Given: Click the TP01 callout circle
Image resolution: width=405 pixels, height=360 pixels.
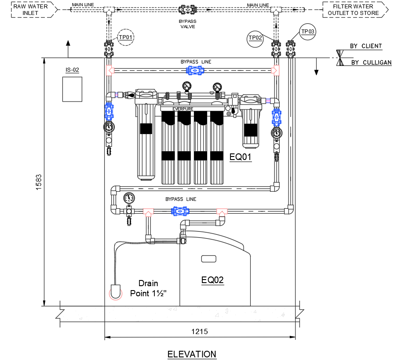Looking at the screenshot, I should pos(126,38).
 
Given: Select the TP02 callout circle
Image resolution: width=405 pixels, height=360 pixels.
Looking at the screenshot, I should pos(255,38).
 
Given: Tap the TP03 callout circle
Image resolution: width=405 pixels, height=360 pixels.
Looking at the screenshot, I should pos(308,31).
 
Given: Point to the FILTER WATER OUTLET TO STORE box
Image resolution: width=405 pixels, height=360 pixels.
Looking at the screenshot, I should pos(355,10).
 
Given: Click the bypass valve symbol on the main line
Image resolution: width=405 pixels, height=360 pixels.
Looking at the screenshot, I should pos(187,10).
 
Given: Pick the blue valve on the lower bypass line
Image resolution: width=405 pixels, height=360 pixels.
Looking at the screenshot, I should pos(180,211).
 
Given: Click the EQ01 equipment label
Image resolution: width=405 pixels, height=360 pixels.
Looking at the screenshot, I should pos(241,156).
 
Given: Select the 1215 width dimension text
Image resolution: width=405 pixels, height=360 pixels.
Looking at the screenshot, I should pos(200,331).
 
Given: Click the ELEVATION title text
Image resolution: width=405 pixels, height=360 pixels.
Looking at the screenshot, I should pos(192,354).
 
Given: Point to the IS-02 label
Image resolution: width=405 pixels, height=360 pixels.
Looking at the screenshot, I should pos(72,69).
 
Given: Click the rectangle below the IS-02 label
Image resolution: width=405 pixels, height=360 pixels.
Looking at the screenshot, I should pos(73,89).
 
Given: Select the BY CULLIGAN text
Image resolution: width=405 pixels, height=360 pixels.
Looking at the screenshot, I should pos(371,62).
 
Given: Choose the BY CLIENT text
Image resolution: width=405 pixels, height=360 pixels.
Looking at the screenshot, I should pos(366,46).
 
